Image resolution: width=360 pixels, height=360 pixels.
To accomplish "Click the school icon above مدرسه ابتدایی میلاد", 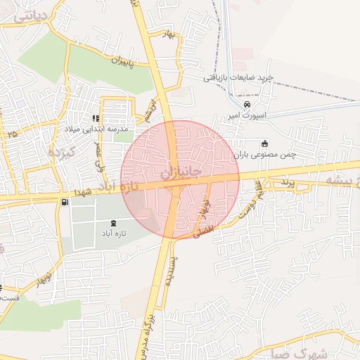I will tap(96, 118).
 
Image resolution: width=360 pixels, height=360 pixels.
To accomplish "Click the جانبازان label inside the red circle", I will tap(181, 171).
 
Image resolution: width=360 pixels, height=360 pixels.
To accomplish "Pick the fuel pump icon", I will tap(65, 202).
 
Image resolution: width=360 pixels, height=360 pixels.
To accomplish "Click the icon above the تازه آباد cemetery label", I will tap(114, 223).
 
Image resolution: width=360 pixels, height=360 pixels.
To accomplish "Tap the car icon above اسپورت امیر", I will tap(247, 104).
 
